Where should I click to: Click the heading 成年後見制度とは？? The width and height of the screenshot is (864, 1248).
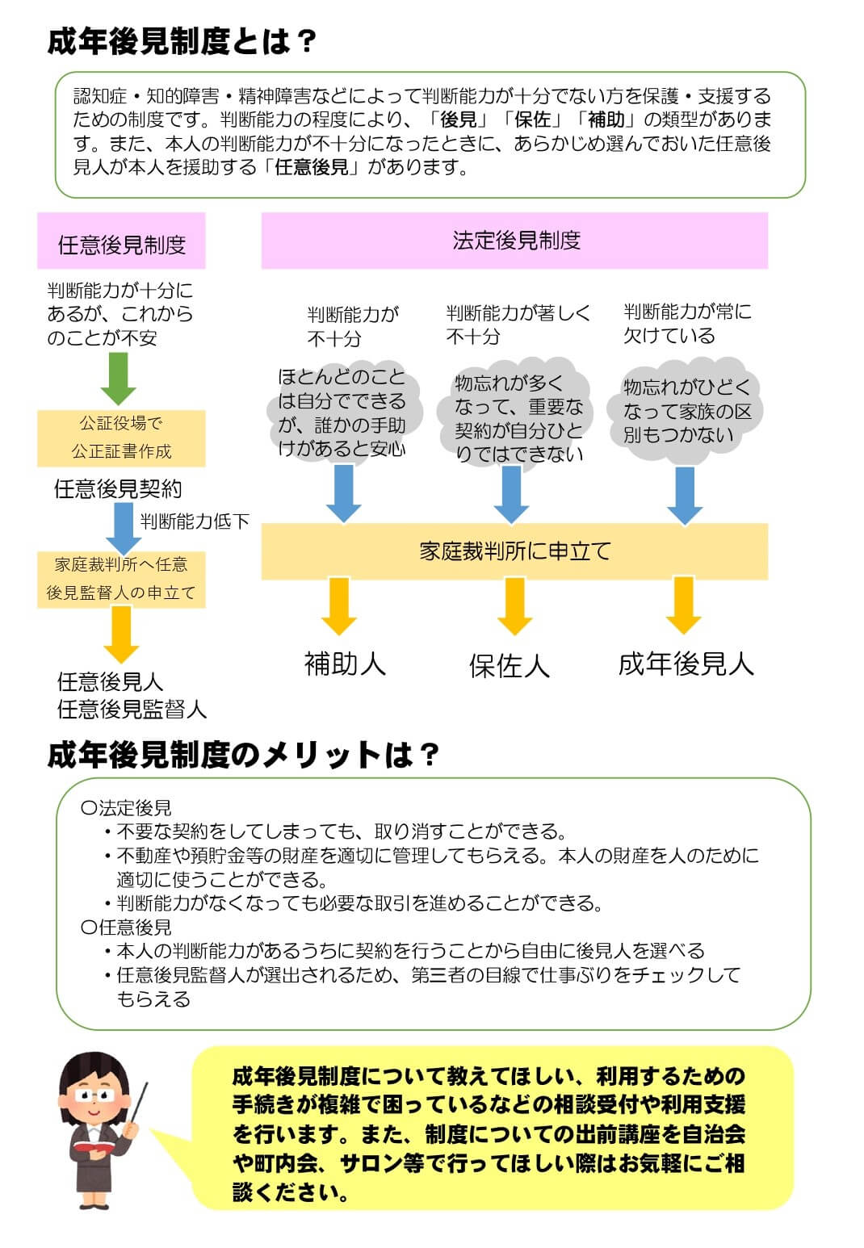182,41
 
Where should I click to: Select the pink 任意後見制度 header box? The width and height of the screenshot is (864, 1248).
121,241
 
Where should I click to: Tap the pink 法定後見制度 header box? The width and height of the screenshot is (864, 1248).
514,241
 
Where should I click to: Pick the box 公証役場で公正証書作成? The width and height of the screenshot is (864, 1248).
121,438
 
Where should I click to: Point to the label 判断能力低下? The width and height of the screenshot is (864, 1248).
195,521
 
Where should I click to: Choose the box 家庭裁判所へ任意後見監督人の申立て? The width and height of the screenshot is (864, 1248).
121,579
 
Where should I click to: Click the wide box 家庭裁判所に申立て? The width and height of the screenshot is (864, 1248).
514,551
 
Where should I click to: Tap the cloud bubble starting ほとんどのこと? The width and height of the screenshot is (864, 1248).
342,413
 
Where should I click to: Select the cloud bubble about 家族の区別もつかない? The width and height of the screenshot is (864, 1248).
686,412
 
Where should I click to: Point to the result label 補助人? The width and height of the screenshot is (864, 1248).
345,664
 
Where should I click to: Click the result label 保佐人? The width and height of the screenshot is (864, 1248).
510,666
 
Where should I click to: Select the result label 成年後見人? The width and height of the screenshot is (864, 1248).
686,664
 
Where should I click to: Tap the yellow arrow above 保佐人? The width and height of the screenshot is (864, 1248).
514,605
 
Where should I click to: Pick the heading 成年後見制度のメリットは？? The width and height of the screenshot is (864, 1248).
242,755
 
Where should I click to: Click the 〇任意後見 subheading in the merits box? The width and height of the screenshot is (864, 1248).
127,928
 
